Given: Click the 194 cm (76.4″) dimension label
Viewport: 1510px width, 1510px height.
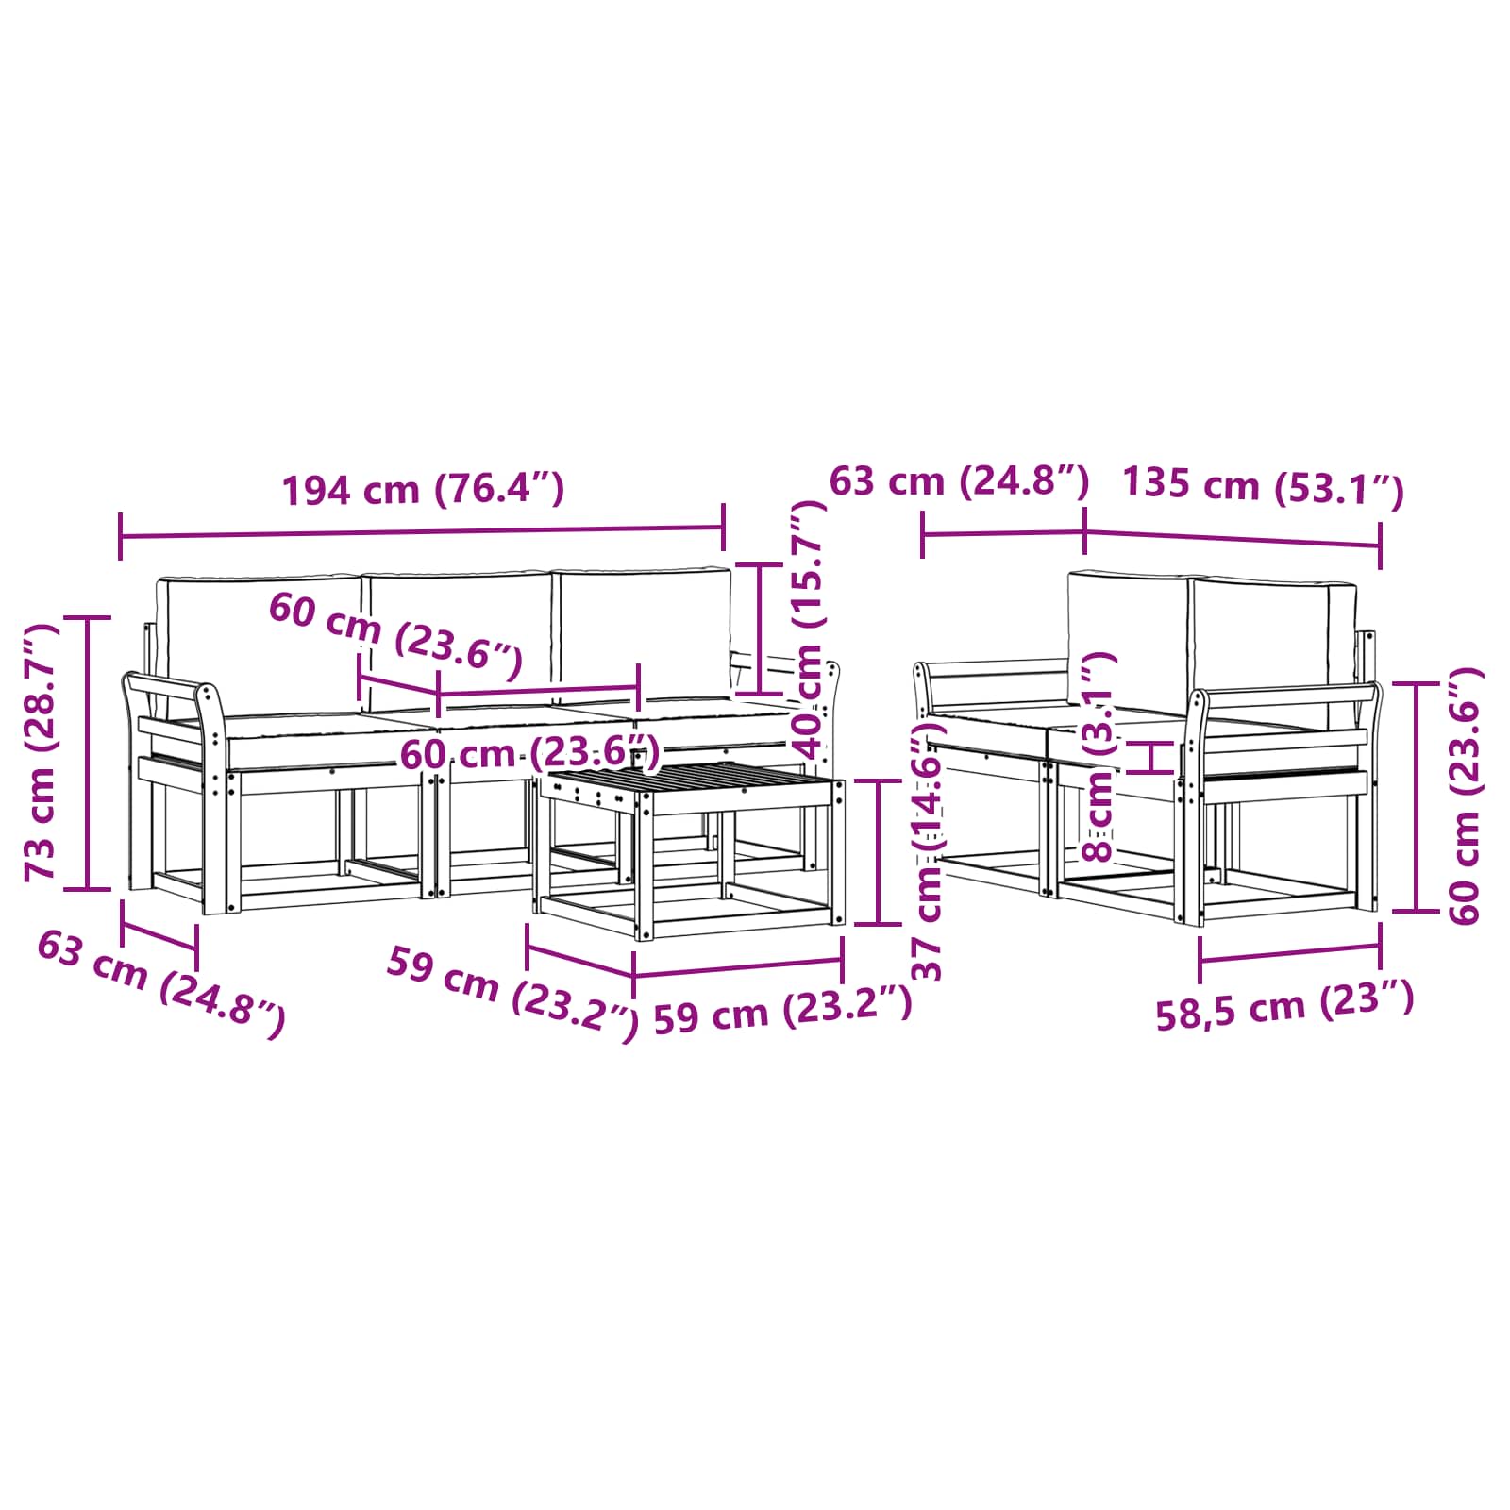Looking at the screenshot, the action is click(x=424, y=490).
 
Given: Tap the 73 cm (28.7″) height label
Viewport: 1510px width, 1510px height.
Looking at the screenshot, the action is click(x=42, y=752).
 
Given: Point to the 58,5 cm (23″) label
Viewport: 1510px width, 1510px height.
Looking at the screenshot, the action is click(x=1285, y=1005).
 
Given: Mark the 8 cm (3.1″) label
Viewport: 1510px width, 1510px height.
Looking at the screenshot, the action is click(x=1099, y=756).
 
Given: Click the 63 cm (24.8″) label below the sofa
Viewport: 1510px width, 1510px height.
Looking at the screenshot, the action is click(x=160, y=982).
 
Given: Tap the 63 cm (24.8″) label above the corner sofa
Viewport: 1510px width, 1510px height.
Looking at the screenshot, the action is click(x=960, y=480).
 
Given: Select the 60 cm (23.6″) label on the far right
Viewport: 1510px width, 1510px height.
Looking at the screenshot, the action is click(x=1465, y=796).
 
